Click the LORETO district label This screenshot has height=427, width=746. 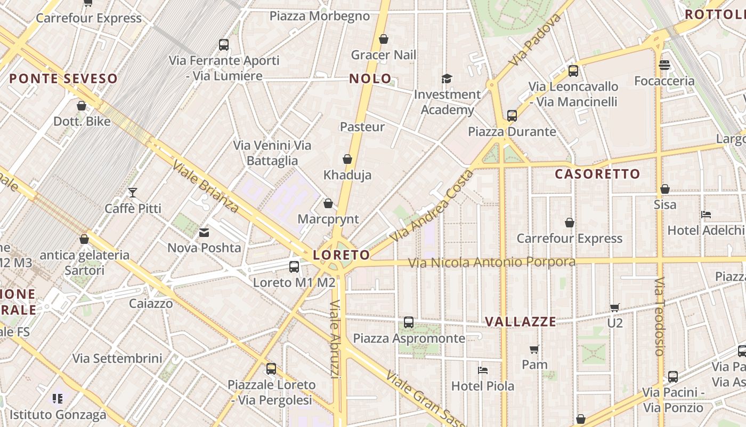click(341, 255)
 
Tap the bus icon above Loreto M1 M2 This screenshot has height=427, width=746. click(294, 267)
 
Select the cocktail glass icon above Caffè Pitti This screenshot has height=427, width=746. click(132, 192)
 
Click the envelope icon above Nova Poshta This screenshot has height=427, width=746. click(204, 233)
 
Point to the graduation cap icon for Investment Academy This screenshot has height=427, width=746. click(447, 79)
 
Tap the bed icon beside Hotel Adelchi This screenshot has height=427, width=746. click(706, 215)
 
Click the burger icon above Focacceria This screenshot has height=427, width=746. click(664, 65)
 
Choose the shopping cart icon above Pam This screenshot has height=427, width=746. click(534, 349)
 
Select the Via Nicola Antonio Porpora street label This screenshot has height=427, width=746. click(491, 263)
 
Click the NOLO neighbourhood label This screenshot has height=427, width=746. click(370, 79)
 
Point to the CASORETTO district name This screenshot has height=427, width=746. click(597, 174)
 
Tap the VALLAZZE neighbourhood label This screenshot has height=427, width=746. click(521, 321)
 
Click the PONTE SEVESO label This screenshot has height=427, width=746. click(63, 79)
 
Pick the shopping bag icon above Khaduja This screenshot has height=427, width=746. click(347, 159)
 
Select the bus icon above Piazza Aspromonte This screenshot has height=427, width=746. click(408, 322)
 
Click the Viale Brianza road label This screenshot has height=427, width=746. click(205, 186)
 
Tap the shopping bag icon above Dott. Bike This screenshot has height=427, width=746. click(82, 106)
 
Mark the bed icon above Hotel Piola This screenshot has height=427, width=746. click(483, 370)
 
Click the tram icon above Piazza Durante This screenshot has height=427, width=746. click(512, 115)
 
